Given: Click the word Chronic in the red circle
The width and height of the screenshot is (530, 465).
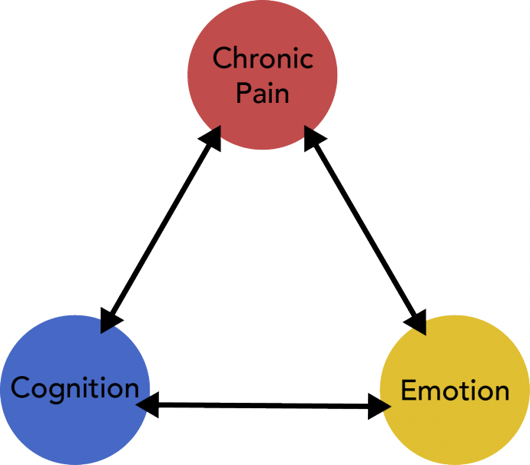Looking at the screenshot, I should tap(262, 58).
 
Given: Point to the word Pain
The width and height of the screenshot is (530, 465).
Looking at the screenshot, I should tap(262, 93).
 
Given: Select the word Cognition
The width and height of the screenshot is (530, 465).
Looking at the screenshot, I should tap(75, 387).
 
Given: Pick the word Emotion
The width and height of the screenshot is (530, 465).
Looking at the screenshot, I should tap(455, 391).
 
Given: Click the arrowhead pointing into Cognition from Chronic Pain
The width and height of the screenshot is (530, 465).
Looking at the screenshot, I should tap(110, 320).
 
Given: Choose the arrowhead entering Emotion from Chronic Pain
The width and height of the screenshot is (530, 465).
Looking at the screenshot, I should tap(418, 322).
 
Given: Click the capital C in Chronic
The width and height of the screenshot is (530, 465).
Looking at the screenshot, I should tap(221, 58).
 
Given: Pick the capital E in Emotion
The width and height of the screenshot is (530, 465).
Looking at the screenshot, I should tap(409, 391).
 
